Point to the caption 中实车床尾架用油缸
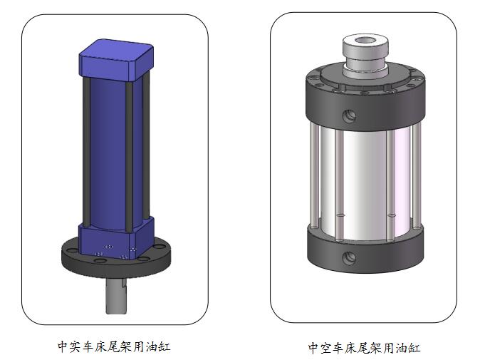pyautogui.click(x=114, y=347)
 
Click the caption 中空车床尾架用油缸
pyautogui.click(x=364, y=348)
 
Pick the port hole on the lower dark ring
pyautogui.click(x=349, y=258)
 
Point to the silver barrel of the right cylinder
pyautogui.click(x=367, y=178)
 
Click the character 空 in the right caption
pyautogui.click(x=326, y=348)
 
